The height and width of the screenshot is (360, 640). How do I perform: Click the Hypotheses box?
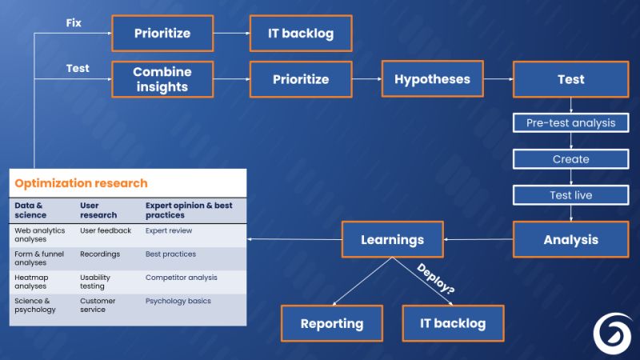[432, 79]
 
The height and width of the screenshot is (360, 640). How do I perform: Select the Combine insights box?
[162, 79]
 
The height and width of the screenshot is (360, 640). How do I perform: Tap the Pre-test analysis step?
[570, 122]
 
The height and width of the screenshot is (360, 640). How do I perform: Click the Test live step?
[570, 195]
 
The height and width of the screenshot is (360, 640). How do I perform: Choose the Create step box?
[570, 158]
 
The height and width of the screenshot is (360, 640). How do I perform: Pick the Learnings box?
[392, 239]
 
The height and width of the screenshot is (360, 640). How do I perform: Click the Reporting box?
[331, 323]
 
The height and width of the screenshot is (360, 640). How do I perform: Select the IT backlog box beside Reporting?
[453, 323]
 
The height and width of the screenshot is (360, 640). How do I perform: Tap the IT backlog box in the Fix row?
[301, 34]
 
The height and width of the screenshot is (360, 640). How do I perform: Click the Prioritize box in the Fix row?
[162, 34]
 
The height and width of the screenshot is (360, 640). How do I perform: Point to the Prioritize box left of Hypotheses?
[301, 79]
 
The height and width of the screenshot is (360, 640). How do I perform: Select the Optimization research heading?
[81, 183]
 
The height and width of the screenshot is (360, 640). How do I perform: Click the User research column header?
[98, 210]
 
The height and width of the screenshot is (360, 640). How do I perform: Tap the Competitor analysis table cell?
[181, 278]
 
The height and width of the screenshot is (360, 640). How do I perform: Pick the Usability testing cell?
[95, 282]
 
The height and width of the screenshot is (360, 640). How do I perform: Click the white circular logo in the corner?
[612, 332]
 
